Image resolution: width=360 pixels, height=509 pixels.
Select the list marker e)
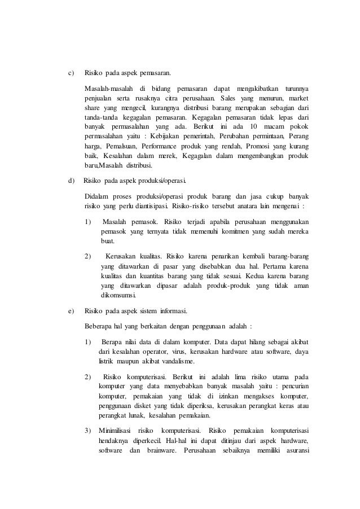71,311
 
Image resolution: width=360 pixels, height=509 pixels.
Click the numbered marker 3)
87,431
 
